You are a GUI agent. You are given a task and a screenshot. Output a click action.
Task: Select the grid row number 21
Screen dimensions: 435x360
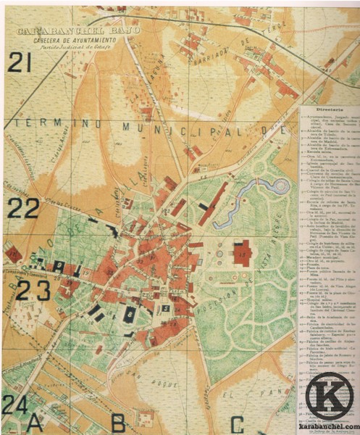20,63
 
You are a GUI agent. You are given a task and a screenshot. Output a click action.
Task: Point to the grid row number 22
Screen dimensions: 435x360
22,210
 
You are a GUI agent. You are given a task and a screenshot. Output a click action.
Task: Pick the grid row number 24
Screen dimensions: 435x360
14,402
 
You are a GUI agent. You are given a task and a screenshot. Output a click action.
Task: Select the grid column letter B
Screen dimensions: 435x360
118,421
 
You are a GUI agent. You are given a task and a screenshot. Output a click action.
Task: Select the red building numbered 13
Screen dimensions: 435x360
242,253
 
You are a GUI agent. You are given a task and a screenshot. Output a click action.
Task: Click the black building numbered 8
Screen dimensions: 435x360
131,315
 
